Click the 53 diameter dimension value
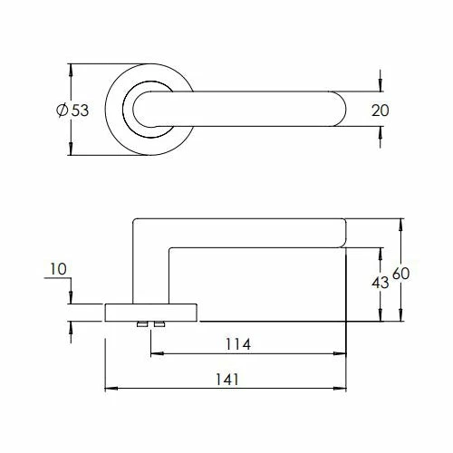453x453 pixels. (79, 110)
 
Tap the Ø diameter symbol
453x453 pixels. (61, 110)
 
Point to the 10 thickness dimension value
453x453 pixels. (59, 269)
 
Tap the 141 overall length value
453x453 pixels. (226, 380)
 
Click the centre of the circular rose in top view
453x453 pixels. (151, 110)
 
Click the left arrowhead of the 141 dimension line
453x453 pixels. (111, 390)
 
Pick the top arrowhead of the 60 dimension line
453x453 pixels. (400, 222)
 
